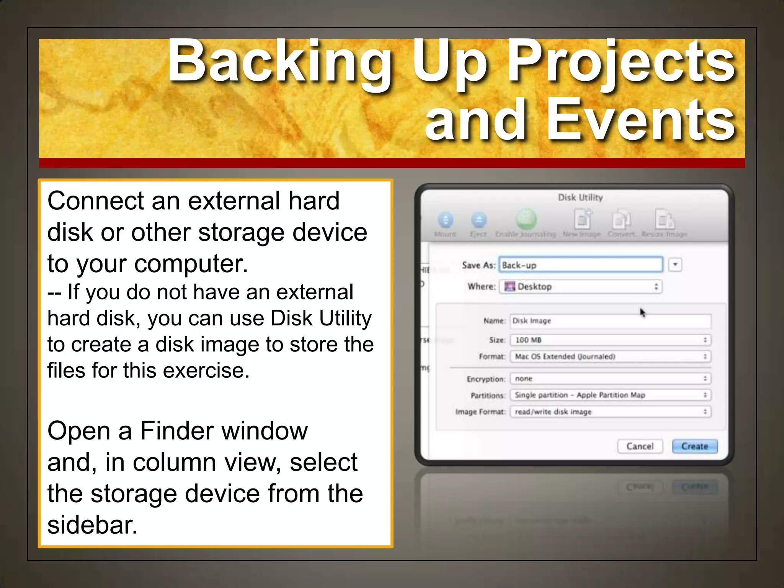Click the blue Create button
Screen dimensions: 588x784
click(694, 446)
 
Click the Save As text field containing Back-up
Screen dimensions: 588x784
click(580, 265)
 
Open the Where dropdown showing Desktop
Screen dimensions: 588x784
click(580, 287)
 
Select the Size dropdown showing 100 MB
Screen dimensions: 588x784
click(610, 340)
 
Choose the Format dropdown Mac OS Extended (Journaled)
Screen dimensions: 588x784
click(610, 356)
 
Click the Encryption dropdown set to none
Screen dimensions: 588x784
click(610, 379)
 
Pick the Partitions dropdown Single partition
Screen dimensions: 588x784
click(610, 395)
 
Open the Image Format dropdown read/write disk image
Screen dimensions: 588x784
click(610, 412)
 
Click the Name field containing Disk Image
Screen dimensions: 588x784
click(610, 321)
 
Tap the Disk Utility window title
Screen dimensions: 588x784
click(580, 198)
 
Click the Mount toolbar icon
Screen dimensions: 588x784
click(445, 220)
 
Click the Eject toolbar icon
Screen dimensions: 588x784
click(479, 220)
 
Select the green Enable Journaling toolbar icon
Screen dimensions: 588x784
click(526, 219)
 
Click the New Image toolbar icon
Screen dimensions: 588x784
click(582, 220)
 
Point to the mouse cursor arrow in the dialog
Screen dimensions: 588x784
click(642, 312)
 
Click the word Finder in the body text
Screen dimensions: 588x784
click(176, 431)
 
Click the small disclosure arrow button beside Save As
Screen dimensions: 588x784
click(675, 265)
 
